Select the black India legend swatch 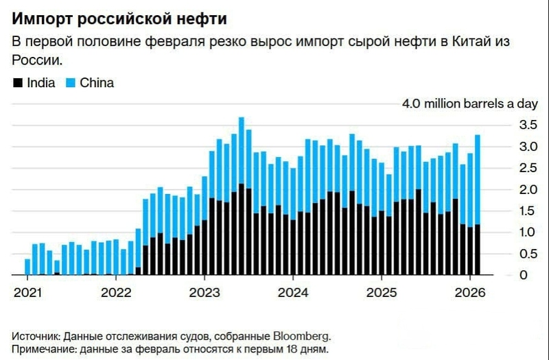[x=16, y=84]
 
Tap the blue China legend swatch [x=70, y=84]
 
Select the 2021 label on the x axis [x=27, y=291]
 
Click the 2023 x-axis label [x=205, y=291]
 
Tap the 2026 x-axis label [x=471, y=291]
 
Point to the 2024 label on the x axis [x=293, y=291]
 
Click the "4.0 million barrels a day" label [x=470, y=104]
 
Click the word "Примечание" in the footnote [x=44, y=350]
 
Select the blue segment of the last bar [x=478, y=179]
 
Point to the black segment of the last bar [x=478, y=250]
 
